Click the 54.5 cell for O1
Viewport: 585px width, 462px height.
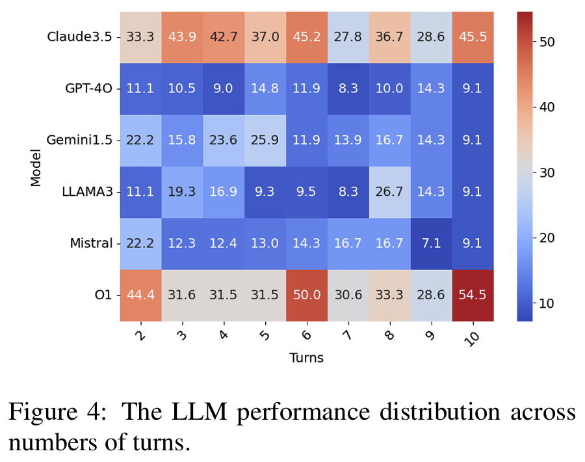tap(473, 295)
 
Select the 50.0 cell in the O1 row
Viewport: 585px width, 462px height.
tap(306, 295)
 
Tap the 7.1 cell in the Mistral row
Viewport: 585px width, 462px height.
tap(431, 243)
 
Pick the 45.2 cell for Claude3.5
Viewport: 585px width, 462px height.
tap(306, 36)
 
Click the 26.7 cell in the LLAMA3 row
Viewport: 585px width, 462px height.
tap(389, 192)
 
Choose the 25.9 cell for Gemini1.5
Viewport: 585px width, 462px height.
tap(265, 140)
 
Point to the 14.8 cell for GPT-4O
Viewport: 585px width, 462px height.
tap(265, 88)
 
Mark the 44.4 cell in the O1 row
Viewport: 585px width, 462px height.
tap(140, 295)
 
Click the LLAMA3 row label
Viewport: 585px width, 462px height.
tap(87, 192)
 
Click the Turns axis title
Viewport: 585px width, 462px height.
tap(306, 357)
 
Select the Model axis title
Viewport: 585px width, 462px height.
tap(36, 166)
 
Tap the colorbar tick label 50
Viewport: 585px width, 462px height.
tap(547, 42)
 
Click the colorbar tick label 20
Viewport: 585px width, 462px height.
tap(547, 238)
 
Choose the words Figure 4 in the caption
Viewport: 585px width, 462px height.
tap(57, 413)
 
